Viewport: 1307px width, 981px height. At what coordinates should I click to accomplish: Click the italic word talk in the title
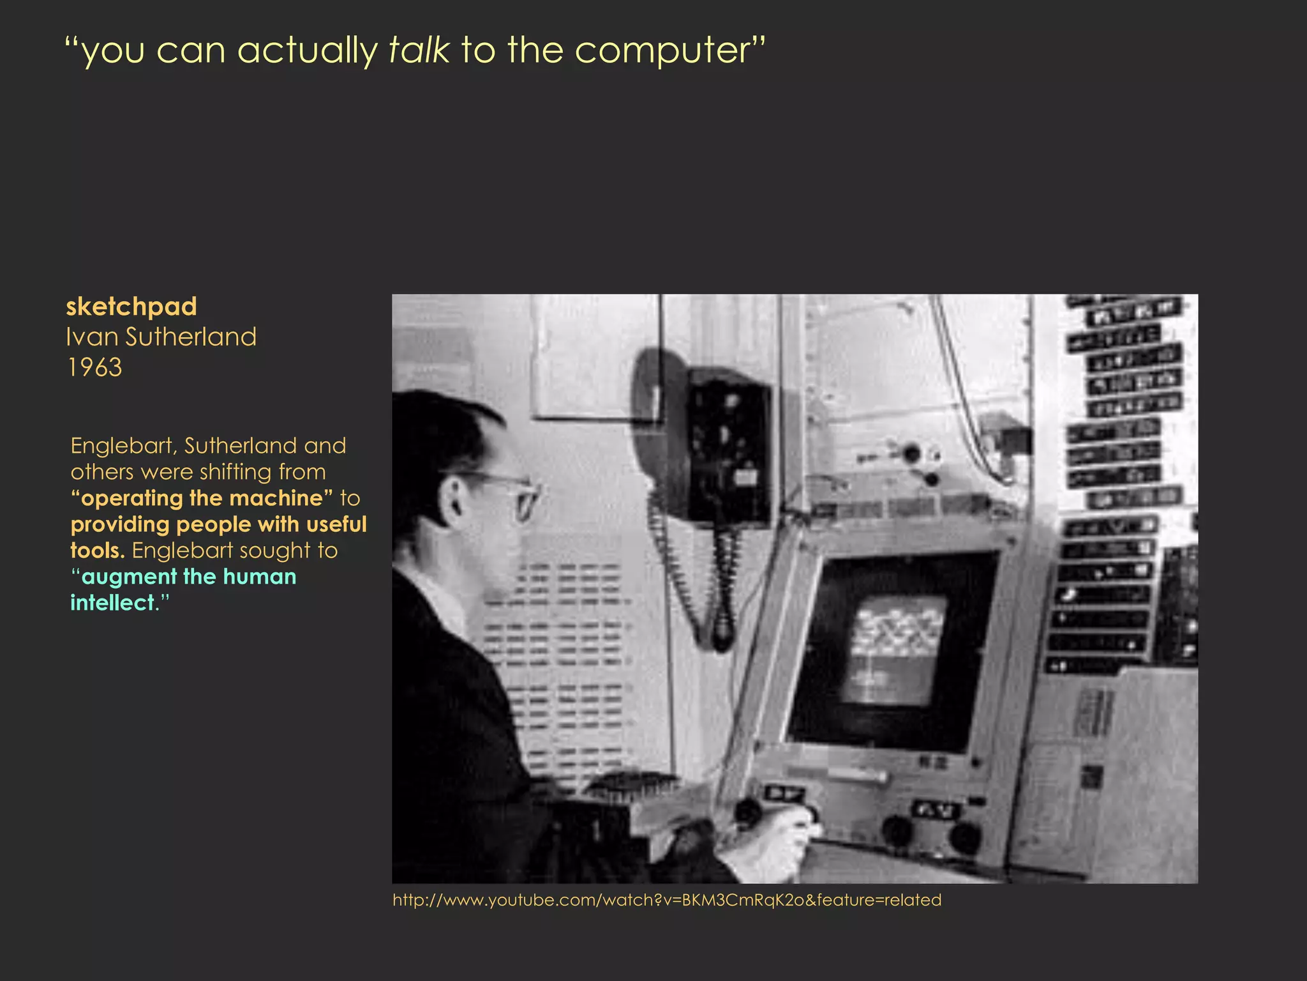[419, 50]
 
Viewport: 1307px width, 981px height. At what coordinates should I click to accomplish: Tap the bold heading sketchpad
[131, 307]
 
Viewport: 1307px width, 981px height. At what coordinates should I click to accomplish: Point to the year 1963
[94, 367]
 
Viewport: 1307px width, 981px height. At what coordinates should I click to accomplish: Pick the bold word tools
[97, 551]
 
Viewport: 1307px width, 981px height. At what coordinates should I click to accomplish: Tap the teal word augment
[132, 577]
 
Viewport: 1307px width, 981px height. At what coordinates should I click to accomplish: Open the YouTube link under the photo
[667, 900]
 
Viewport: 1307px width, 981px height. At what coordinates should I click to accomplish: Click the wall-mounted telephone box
[728, 447]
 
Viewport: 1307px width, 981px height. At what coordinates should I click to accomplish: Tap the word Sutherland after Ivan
[191, 337]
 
